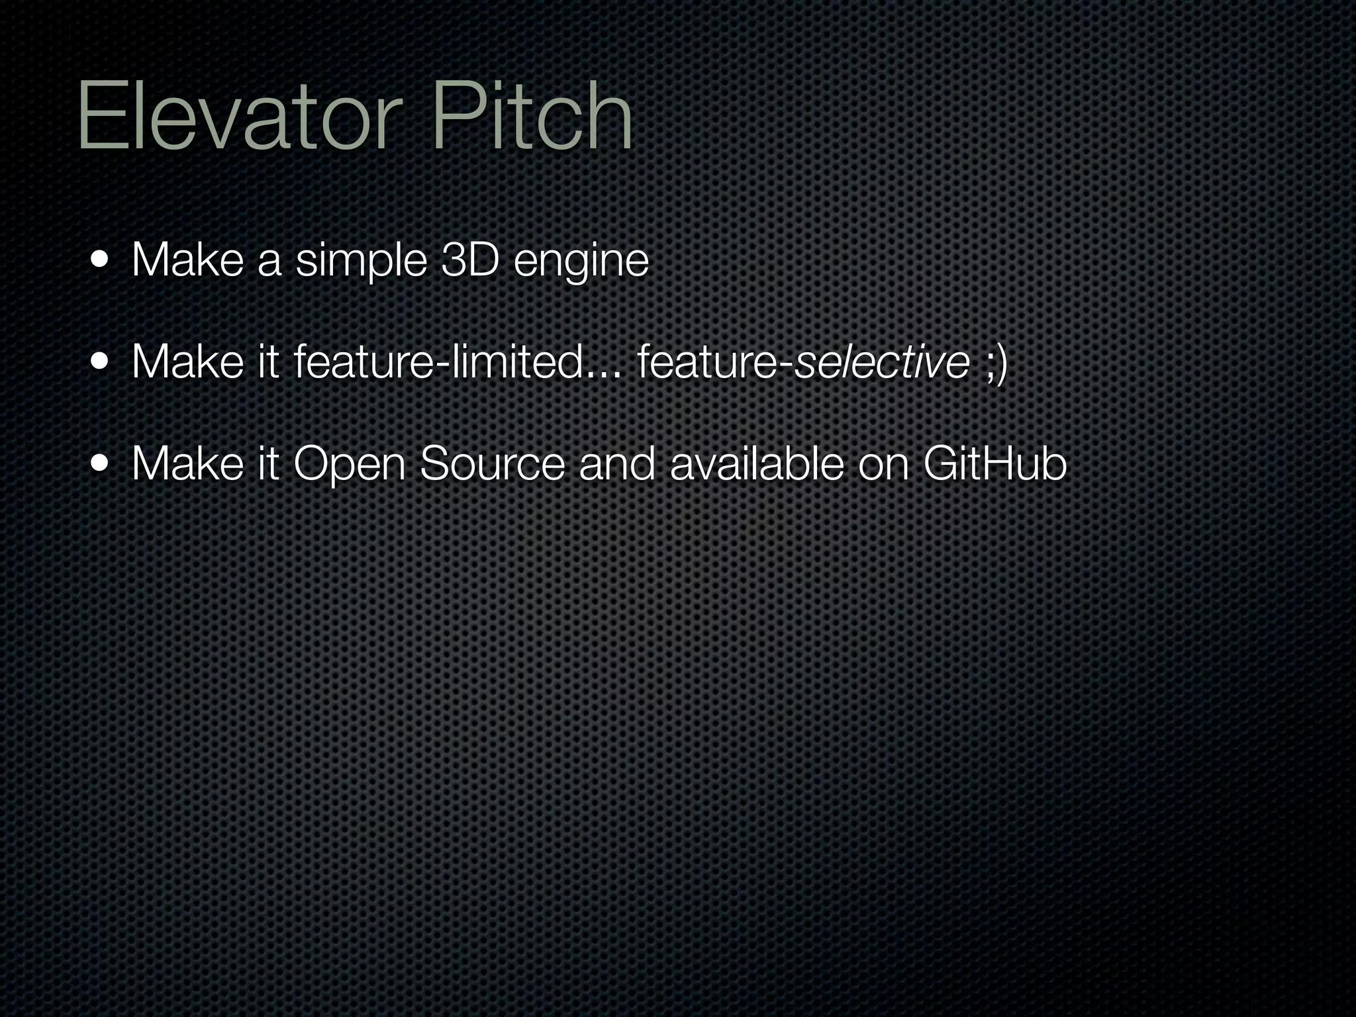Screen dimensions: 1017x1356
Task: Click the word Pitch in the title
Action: [x=532, y=118]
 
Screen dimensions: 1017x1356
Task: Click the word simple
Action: [x=362, y=262]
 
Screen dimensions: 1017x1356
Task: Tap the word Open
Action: [x=349, y=465]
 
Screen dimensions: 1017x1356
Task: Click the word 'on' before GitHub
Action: [x=883, y=465]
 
